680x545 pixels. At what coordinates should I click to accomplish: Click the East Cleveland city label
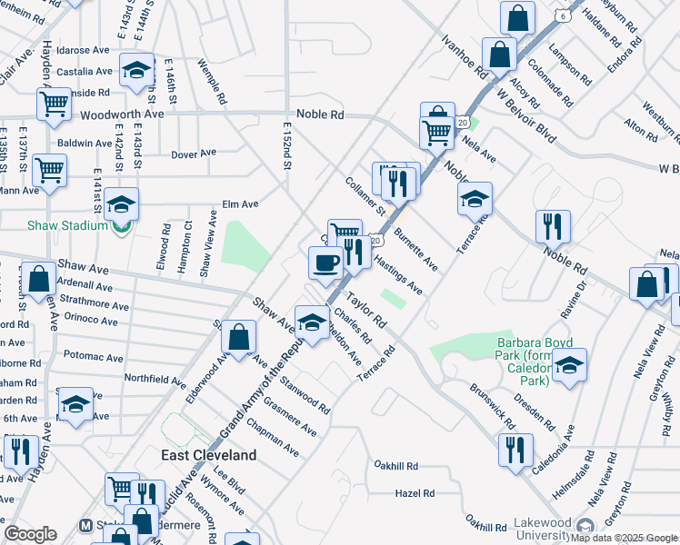[209, 454]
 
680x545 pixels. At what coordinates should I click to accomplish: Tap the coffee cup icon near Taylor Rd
[325, 264]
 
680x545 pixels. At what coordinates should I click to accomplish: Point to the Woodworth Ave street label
[122, 115]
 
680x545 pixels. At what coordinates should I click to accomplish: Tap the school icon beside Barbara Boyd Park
[569, 366]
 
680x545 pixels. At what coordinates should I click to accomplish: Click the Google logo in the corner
[30, 533]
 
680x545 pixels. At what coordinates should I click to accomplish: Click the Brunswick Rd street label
[493, 405]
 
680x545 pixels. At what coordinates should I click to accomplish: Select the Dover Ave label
[192, 154]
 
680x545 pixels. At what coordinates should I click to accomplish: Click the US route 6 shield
[564, 16]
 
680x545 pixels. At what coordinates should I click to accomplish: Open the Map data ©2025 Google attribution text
[624, 538]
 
